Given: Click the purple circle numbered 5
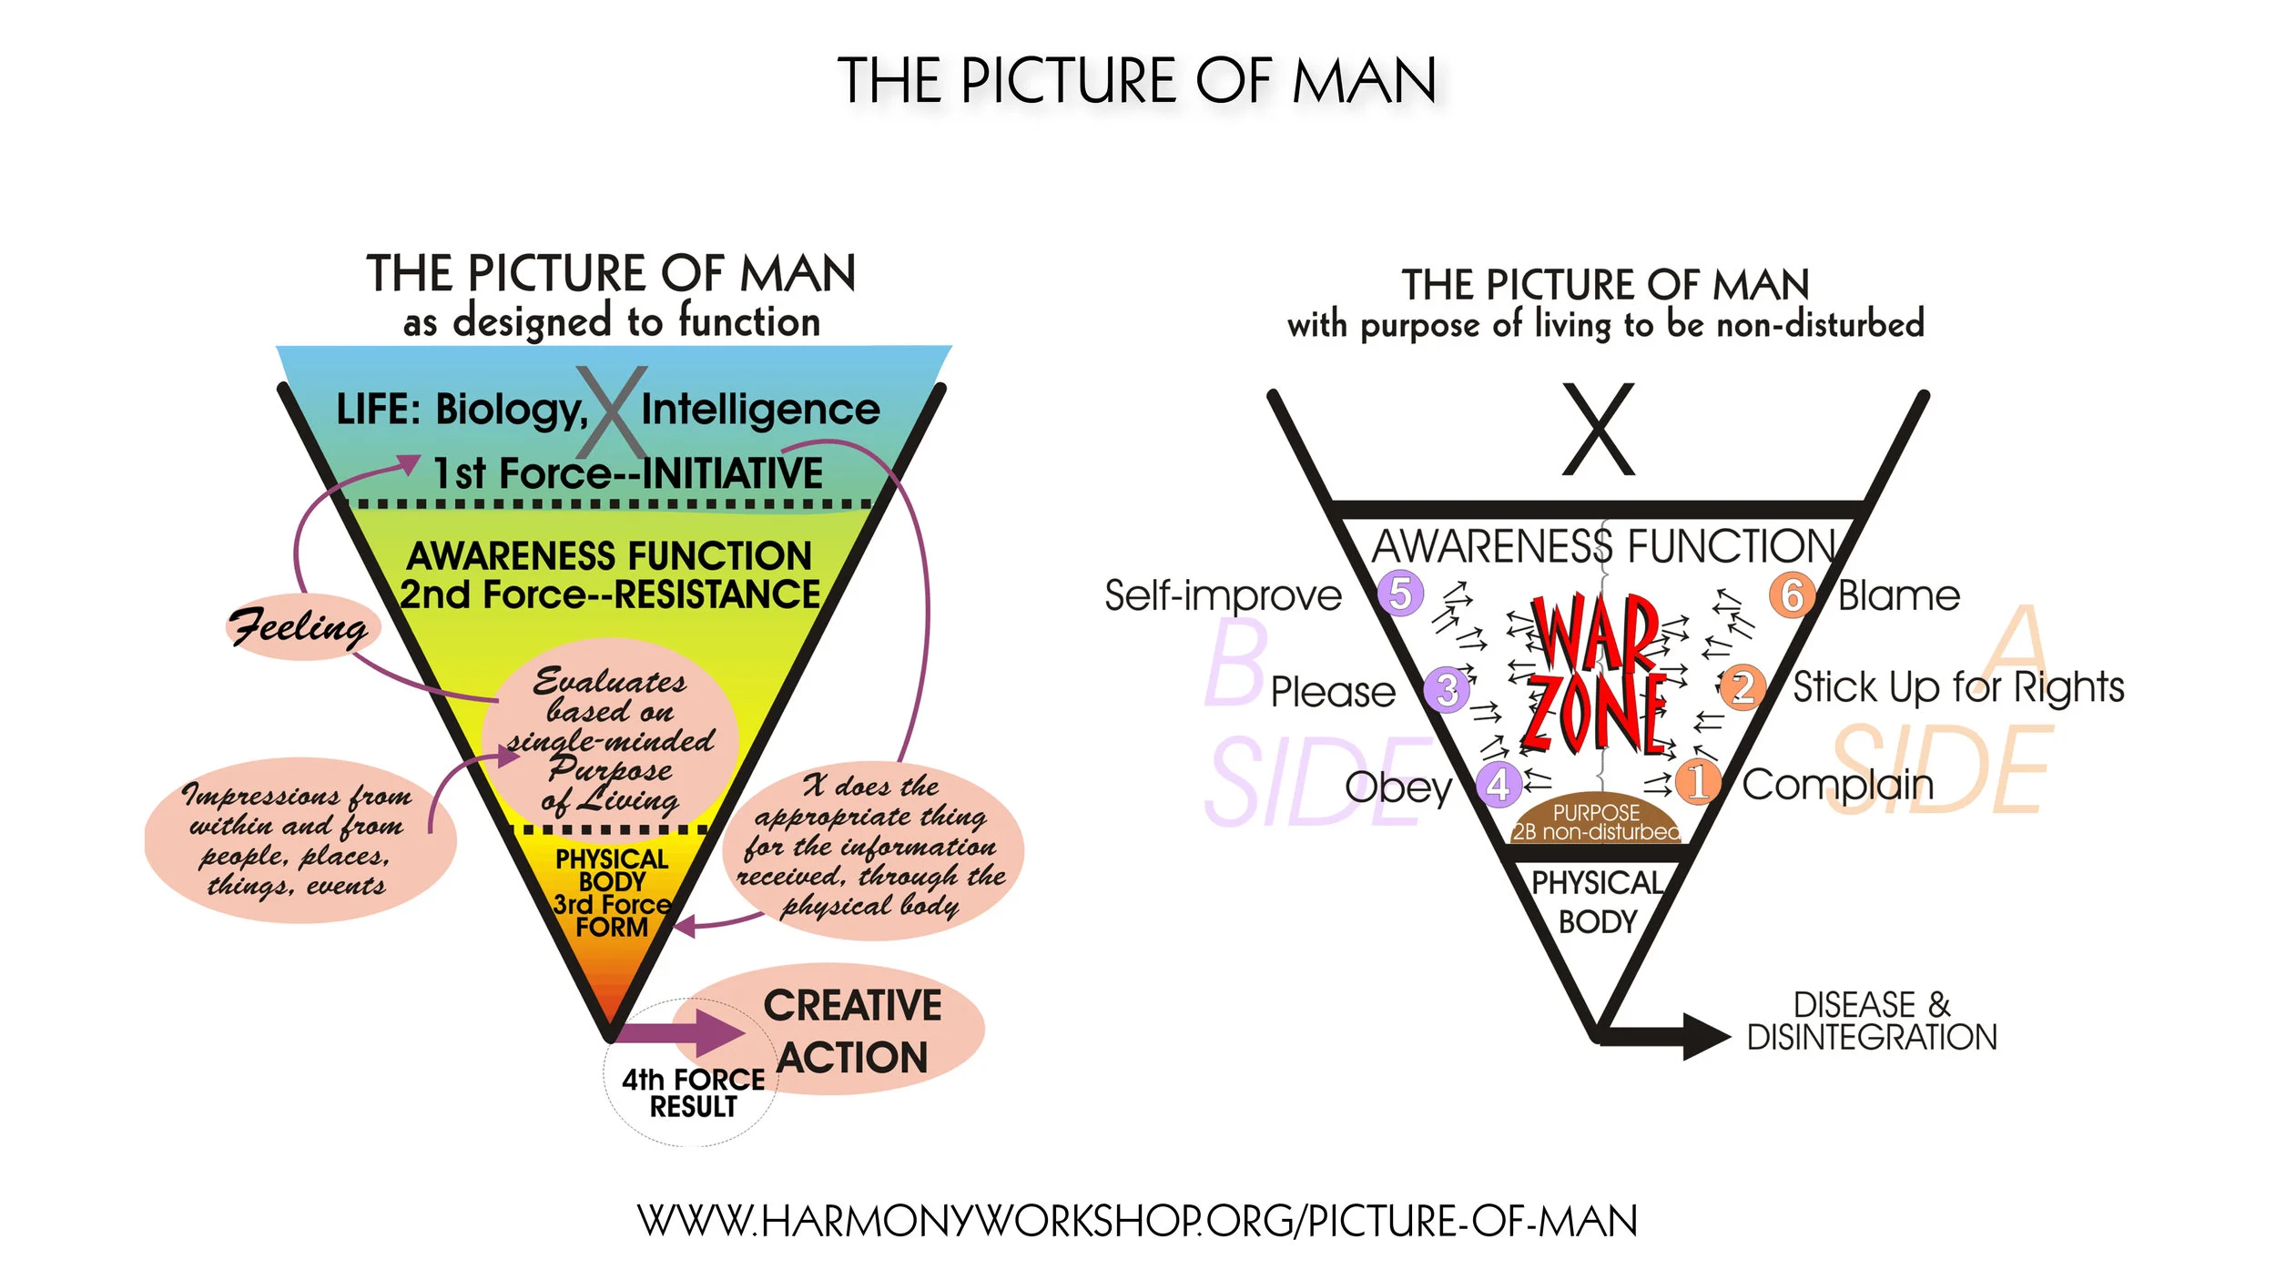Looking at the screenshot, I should click(1400, 593).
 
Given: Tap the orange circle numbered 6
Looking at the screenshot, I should click(1792, 595).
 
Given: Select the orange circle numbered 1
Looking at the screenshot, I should click(1697, 781).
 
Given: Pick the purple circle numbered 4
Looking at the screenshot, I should click(1499, 784).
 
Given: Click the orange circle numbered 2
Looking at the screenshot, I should click(1742, 687).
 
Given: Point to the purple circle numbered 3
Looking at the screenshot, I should click(1447, 689).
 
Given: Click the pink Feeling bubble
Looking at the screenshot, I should click(300, 626).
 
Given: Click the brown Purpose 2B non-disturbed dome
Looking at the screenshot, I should click(1596, 819).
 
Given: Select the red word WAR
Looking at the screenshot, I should click(1596, 633).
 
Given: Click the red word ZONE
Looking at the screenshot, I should click(1596, 715).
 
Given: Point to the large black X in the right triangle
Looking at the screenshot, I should click(1599, 430).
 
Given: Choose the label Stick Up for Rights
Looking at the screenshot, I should click(1958, 686).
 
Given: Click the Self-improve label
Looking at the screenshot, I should click(1223, 595).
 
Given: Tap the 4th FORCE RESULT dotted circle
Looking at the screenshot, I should click(692, 1092).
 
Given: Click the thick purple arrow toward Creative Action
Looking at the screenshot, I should click(683, 1032).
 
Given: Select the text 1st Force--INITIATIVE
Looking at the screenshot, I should click(628, 473).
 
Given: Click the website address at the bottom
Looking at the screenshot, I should click(1137, 1221).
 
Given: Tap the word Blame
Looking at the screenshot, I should click(1898, 596).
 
